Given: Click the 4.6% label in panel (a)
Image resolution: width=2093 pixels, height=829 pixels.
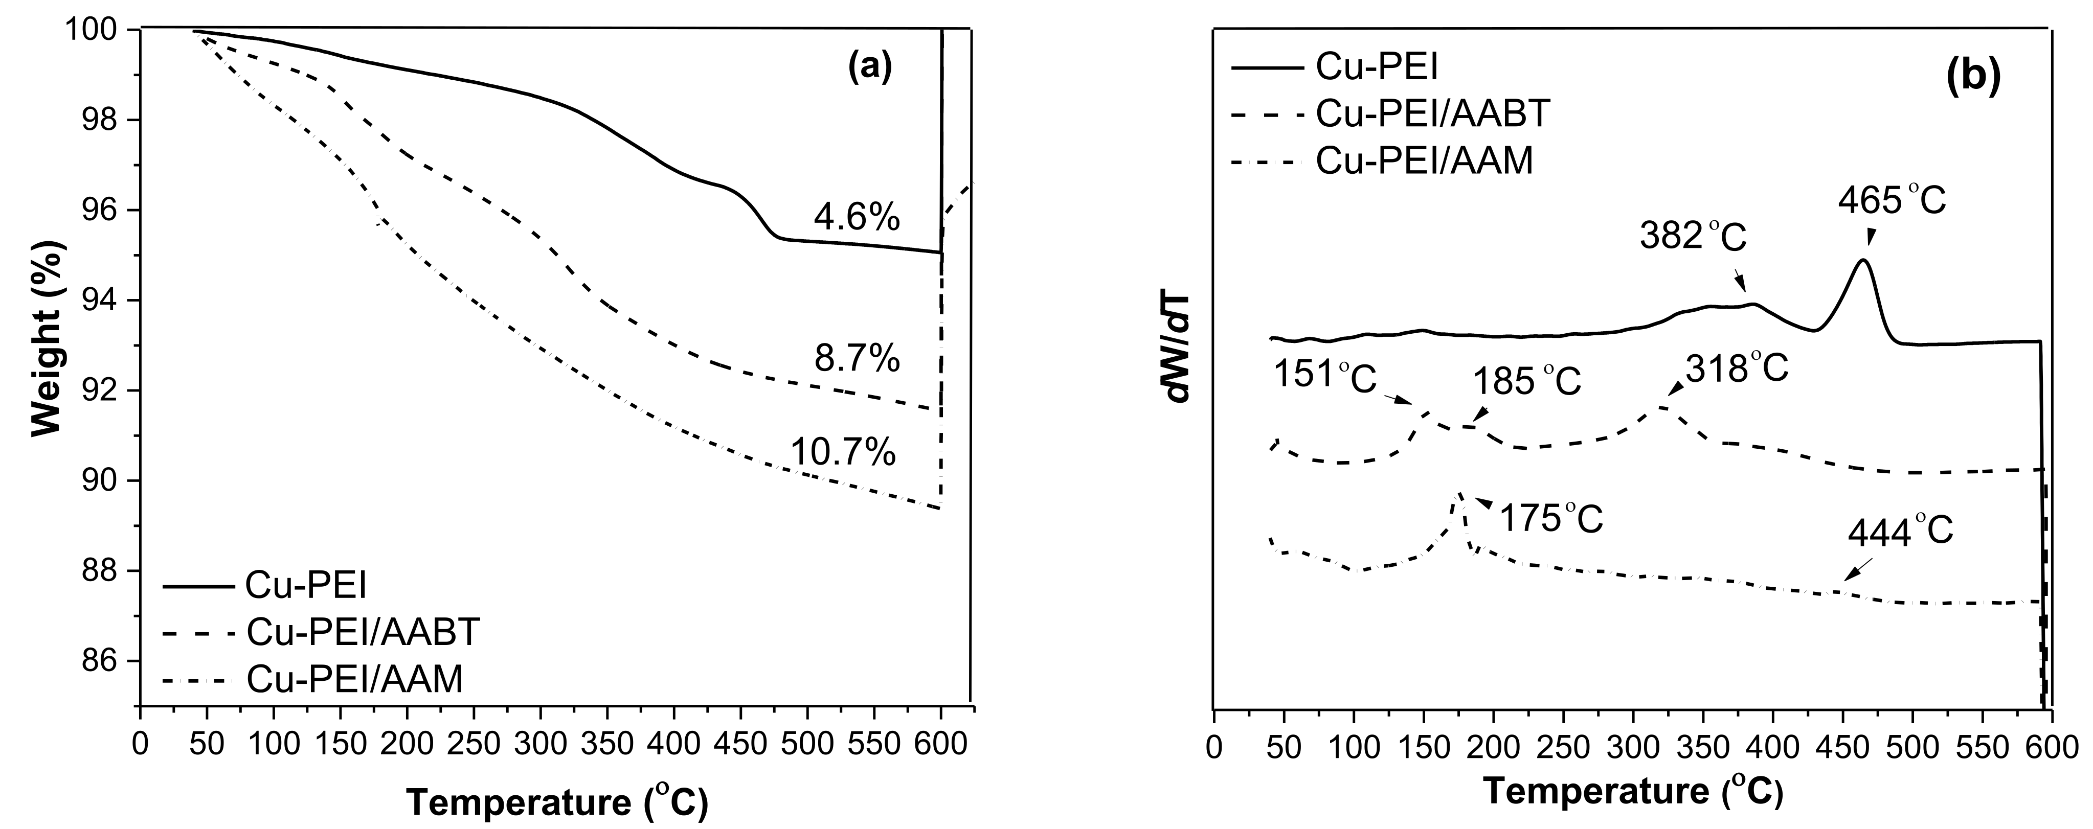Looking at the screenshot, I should pos(857,218).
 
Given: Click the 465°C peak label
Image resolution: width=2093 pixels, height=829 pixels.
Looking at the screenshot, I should pos(1893,200).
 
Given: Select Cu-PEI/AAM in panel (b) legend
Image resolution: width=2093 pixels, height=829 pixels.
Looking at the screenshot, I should pos(1424,161).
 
